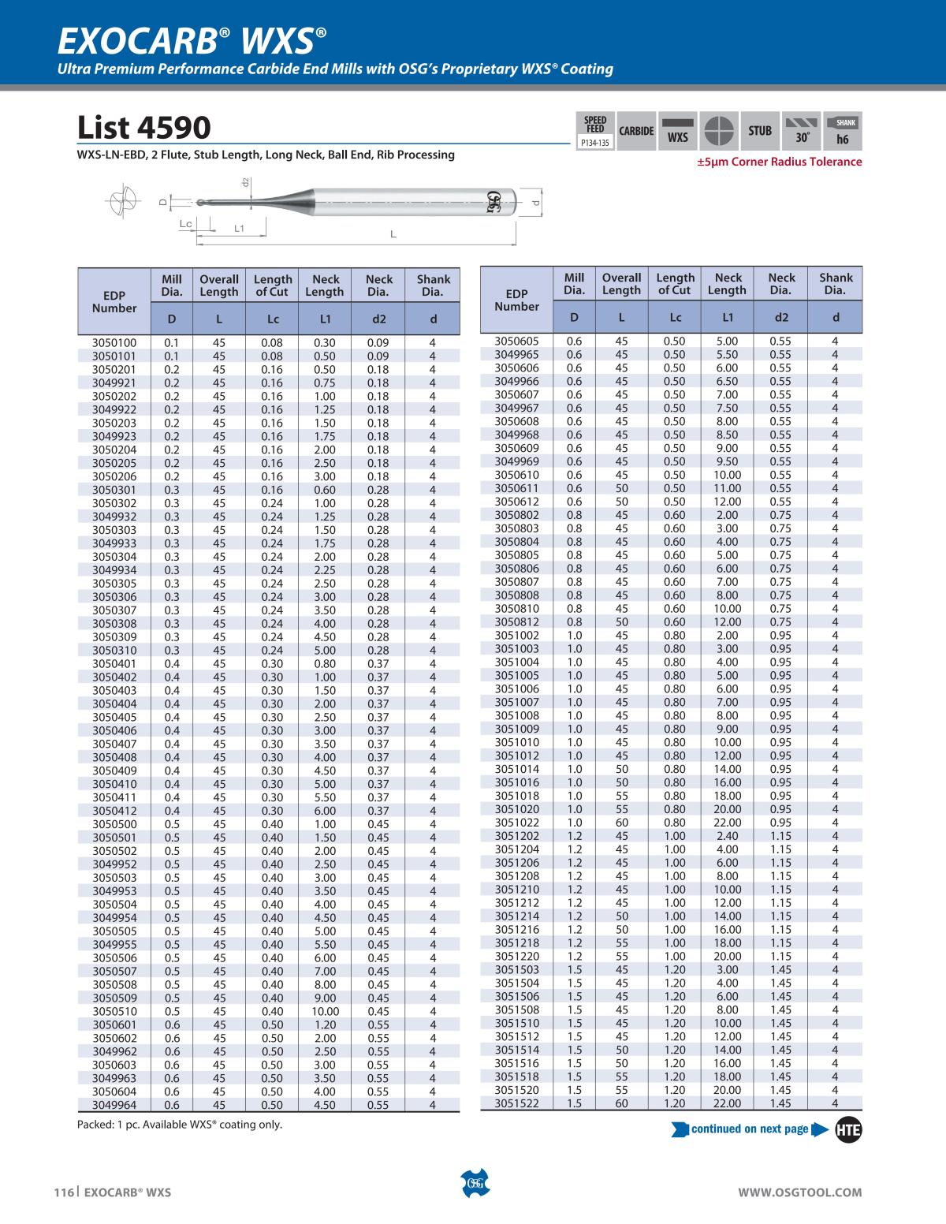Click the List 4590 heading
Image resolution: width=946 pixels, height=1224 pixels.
pyautogui.click(x=144, y=128)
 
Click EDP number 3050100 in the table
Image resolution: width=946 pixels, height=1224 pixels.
pyautogui.click(x=114, y=343)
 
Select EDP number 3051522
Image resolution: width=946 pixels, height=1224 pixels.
pyautogui.click(x=516, y=1103)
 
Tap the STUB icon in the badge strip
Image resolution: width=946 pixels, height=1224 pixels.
pyautogui.click(x=760, y=131)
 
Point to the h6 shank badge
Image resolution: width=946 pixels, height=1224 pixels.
pyautogui.click(x=842, y=131)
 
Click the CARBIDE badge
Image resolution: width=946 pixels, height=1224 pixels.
pyautogui.click(x=636, y=131)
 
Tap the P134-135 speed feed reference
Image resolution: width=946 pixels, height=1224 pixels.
pyautogui.click(x=595, y=144)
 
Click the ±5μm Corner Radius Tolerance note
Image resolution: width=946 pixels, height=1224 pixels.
pyautogui.click(x=779, y=162)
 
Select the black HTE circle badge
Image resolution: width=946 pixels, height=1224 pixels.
pyautogui.click(x=848, y=1129)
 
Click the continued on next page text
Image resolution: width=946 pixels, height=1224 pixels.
pyautogui.click(x=749, y=1129)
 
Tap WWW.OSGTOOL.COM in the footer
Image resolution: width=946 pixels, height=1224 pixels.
pyautogui.click(x=799, y=1192)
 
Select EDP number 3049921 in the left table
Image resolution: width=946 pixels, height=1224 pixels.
pyautogui.click(x=114, y=383)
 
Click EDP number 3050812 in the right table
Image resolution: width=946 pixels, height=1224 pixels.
pyautogui.click(x=516, y=622)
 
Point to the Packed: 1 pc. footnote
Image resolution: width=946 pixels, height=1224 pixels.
pyautogui.click(x=180, y=1125)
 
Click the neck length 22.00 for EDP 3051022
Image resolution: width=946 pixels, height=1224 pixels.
pyautogui.click(x=727, y=823)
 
